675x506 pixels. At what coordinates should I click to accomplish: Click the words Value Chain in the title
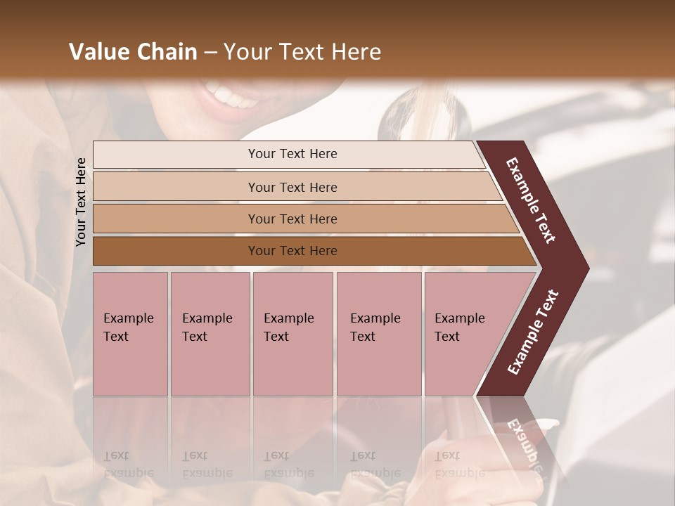click(x=133, y=52)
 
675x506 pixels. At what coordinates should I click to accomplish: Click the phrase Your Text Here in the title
click(x=302, y=52)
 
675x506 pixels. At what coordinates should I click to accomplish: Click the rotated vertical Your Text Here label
click(x=81, y=202)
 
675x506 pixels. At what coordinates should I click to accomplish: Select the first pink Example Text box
click(x=130, y=334)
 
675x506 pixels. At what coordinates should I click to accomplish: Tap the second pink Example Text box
click(x=210, y=334)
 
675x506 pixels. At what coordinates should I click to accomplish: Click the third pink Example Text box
click(x=292, y=334)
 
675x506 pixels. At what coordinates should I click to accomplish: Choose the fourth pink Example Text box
click(x=379, y=334)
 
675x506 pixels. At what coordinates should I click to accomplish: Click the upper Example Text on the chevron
click(x=531, y=200)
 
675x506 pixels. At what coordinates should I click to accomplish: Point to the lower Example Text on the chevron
click(x=533, y=332)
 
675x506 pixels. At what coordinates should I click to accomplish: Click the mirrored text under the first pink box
click(x=128, y=465)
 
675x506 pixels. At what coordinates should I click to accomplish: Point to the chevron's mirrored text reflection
click(x=524, y=439)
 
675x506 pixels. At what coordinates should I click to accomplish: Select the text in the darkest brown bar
click(x=292, y=251)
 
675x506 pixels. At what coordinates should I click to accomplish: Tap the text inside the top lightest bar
click(x=292, y=154)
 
